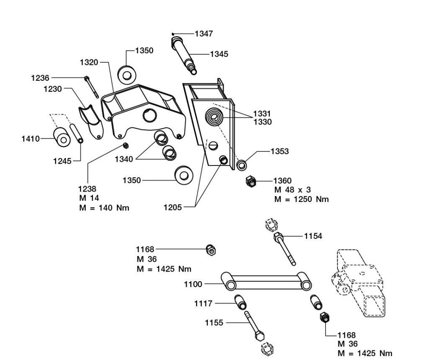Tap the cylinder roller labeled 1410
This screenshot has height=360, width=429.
62,138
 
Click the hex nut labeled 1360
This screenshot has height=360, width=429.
251,181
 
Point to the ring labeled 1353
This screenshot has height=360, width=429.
242,164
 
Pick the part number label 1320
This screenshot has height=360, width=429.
89,62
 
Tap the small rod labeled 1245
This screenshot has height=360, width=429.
77,133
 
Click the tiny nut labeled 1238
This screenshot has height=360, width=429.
125,145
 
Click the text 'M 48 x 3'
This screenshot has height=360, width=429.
292,190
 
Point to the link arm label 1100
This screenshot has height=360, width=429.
193,285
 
